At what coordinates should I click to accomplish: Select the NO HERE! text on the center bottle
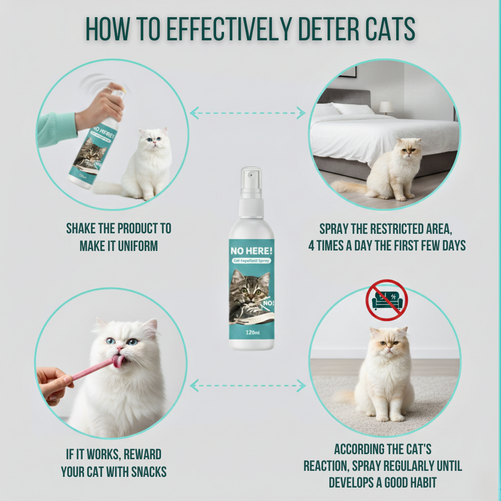pyautogui.click(x=251, y=251)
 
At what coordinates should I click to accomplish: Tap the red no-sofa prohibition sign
pyautogui.click(x=386, y=301)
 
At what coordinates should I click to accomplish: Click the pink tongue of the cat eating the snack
pyautogui.click(x=118, y=361)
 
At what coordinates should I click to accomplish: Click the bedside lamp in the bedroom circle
pyautogui.click(x=386, y=108)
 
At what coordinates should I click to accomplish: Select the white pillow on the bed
pyautogui.click(x=353, y=109)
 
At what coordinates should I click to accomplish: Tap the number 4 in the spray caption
pyautogui.click(x=311, y=245)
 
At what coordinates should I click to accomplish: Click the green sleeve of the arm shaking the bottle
pyautogui.click(x=56, y=128)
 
